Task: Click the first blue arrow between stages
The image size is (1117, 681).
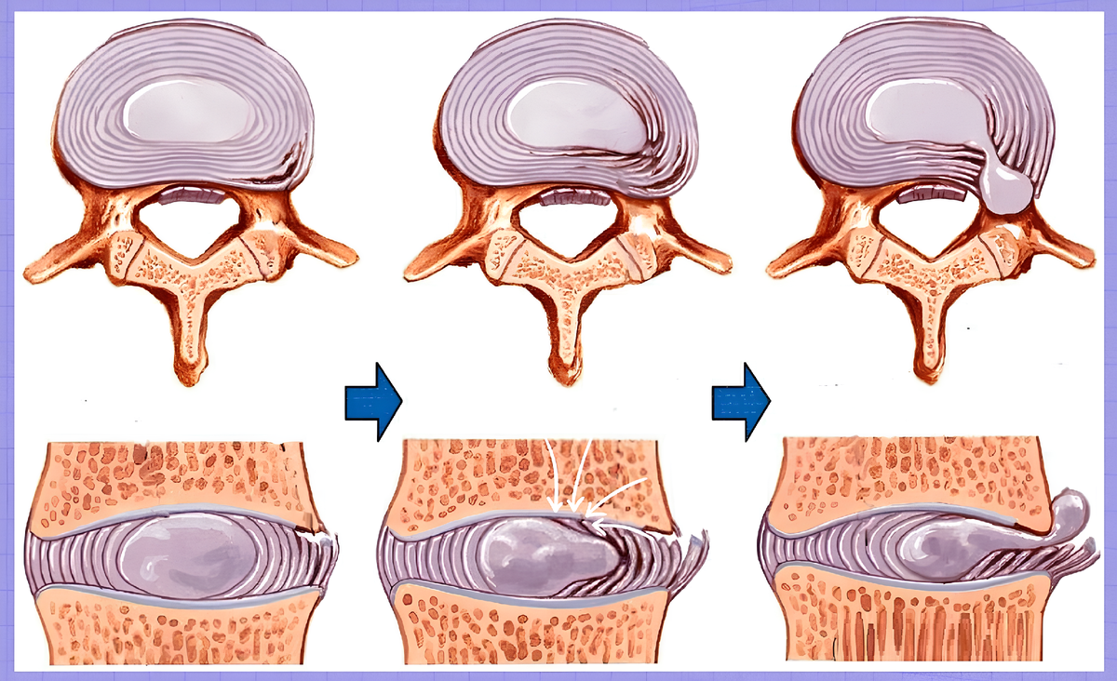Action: tap(372, 401)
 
